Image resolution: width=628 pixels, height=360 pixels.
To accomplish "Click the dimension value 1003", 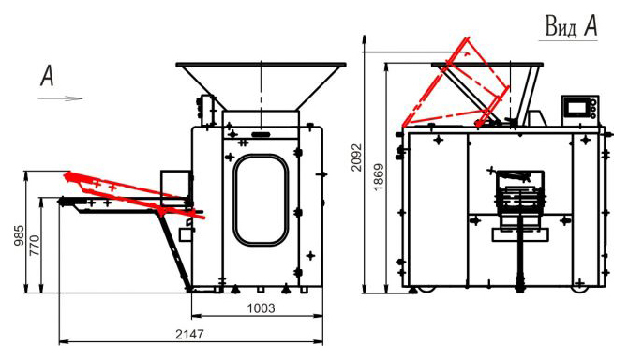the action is click(x=261, y=308).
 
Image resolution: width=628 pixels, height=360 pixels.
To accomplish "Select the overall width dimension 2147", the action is click(x=189, y=334).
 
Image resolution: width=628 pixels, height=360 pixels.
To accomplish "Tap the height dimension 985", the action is click(x=19, y=235).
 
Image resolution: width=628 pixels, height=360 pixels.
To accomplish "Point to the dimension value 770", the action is click(x=35, y=246).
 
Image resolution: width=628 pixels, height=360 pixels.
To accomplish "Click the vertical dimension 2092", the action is click(x=356, y=157).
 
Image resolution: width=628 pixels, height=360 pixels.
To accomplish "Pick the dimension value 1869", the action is click(x=378, y=176).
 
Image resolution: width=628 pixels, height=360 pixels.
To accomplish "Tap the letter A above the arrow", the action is click(x=47, y=76).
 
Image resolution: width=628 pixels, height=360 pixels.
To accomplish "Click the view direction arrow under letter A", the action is click(x=61, y=98).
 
